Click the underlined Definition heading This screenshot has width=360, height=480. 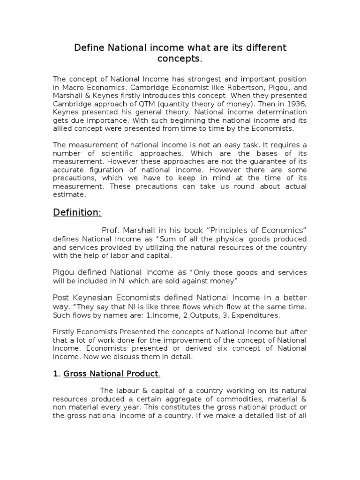pos(77,212)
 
